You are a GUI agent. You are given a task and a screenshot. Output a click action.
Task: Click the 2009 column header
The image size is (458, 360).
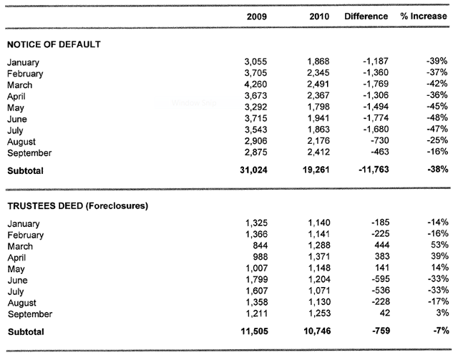(256, 16)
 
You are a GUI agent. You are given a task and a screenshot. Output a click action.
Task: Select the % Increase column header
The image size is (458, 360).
(424, 16)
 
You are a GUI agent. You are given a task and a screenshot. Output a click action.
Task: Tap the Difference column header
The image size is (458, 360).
(366, 16)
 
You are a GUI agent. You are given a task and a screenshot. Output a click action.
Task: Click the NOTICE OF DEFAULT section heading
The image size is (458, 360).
(54, 44)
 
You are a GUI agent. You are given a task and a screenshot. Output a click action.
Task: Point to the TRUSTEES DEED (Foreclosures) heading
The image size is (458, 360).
(78, 206)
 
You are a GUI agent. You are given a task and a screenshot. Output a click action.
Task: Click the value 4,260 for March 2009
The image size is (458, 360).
(255, 84)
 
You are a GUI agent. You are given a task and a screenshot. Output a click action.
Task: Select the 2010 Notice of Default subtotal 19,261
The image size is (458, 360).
(316, 170)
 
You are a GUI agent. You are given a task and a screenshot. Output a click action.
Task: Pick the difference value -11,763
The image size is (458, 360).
(374, 170)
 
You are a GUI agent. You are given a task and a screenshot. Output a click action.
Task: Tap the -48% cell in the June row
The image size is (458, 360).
(437, 118)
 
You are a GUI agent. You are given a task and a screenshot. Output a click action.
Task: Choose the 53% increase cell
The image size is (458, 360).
(440, 245)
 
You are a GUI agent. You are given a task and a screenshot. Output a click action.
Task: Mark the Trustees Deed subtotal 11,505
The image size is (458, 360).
(255, 331)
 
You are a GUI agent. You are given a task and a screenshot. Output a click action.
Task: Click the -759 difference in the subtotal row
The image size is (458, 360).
(381, 331)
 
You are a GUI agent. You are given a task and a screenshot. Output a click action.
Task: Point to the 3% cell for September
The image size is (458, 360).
(442, 313)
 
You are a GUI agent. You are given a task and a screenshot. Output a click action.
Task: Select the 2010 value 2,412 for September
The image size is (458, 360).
(318, 152)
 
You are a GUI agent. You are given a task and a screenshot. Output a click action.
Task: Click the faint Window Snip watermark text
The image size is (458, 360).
(194, 103)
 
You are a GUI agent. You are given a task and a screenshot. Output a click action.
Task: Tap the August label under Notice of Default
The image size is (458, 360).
(21, 142)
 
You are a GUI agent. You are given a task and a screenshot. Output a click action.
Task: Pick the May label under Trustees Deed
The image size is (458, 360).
(16, 269)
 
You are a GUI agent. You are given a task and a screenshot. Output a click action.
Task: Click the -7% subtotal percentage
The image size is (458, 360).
(442, 331)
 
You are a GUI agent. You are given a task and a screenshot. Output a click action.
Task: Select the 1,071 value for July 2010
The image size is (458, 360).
(319, 291)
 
